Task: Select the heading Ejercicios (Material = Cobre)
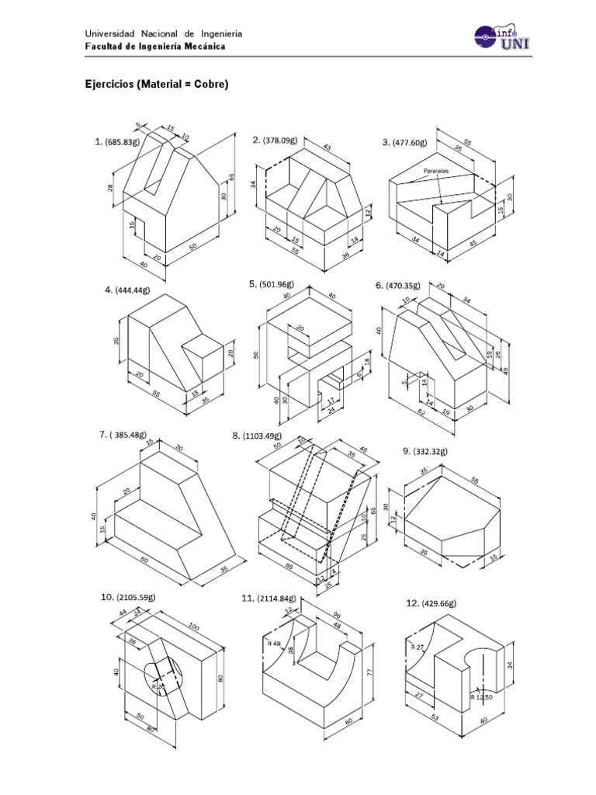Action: click(156, 84)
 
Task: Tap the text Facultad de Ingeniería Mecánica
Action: click(155, 47)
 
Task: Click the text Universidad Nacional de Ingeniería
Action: click(163, 33)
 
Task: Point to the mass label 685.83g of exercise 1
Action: click(123, 142)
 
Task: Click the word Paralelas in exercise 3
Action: click(436, 169)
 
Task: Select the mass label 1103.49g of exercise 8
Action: click(265, 436)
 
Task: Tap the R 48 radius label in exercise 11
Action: click(273, 643)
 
